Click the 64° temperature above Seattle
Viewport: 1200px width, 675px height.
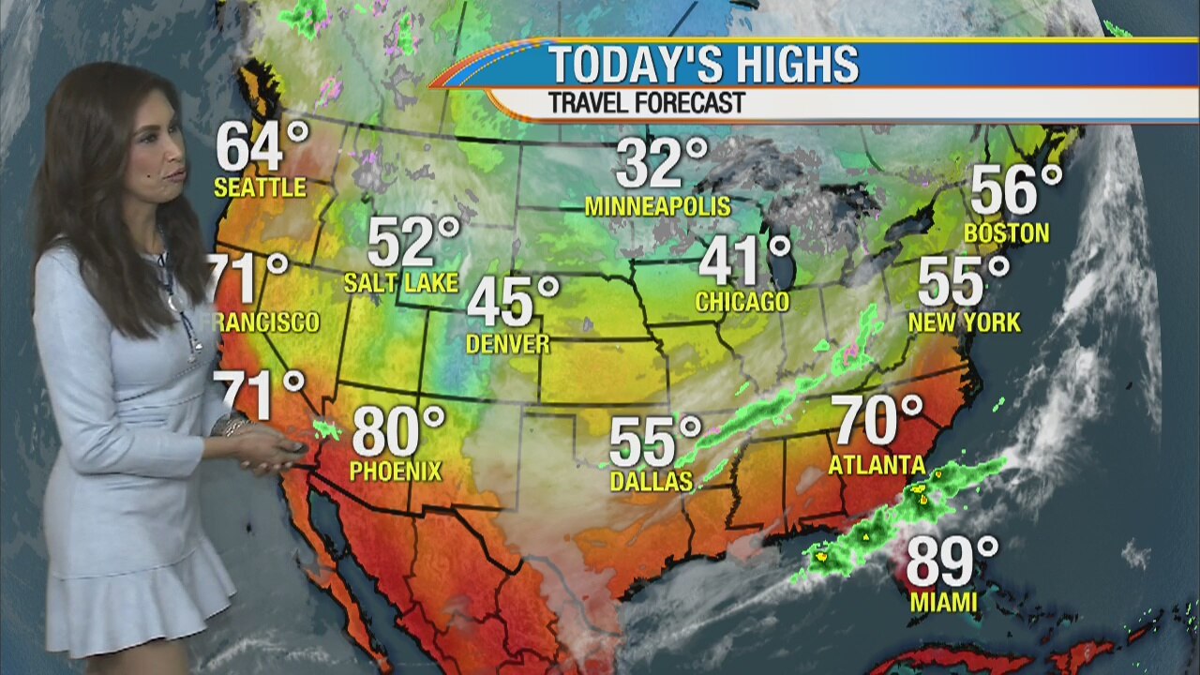262,146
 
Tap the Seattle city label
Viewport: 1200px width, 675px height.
260,187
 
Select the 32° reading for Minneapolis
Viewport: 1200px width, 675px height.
661,163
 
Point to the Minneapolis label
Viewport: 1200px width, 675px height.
657,206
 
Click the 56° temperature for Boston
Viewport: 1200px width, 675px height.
1015,190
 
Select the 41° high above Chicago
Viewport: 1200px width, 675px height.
744,261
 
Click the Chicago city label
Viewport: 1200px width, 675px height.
742,302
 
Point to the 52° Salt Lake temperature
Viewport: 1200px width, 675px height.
412,242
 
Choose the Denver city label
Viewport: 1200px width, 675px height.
507,344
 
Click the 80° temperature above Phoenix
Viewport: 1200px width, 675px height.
397,432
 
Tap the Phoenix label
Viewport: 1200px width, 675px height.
395,471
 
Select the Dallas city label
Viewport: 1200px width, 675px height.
651,482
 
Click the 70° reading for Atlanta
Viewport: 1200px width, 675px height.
878,421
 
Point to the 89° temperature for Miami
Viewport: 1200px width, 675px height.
952,561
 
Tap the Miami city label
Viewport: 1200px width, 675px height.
943,602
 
